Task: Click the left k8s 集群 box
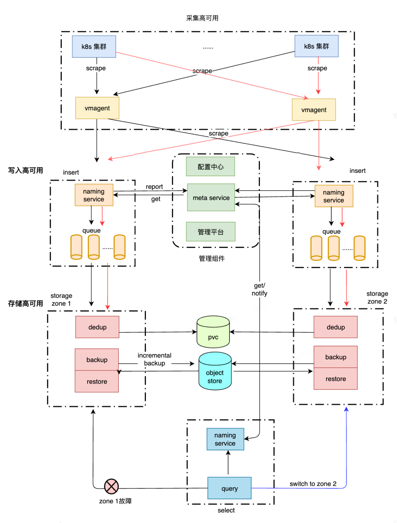click(94, 47)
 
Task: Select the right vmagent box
click(314, 110)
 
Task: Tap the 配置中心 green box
click(210, 167)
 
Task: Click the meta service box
click(211, 198)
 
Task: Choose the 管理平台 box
click(210, 232)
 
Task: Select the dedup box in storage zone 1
click(97, 327)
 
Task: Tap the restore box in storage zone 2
click(335, 379)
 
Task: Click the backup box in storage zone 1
click(97, 360)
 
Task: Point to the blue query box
click(229, 488)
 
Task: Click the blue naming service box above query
click(225, 439)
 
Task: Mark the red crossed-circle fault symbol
click(111, 486)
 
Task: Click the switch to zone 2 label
click(313, 484)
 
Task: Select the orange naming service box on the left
click(94, 195)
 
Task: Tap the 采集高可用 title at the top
click(202, 18)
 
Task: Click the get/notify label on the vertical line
click(259, 289)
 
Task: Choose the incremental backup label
click(154, 359)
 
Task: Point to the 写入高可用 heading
click(26, 170)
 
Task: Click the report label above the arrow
click(154, 187)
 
